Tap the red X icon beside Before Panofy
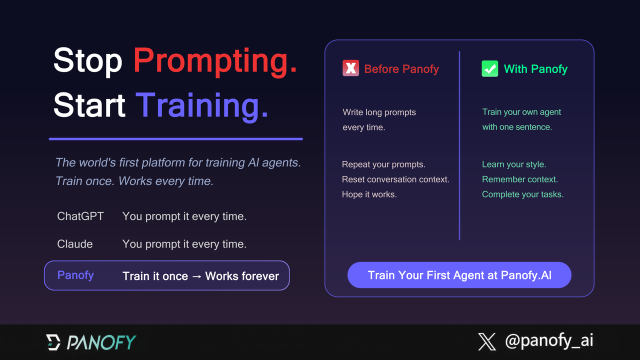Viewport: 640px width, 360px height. coord(350,68)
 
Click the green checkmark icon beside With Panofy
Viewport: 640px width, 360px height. coord(489,68)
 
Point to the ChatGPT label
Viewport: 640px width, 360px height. coord(80,216)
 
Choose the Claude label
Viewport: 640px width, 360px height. coord(75,244)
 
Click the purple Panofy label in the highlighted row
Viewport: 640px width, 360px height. coord(75,275)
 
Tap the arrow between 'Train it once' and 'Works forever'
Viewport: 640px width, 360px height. coord(196,276)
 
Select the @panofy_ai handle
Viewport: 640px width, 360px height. coord(549,341)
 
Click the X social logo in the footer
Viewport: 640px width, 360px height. coord(487,342)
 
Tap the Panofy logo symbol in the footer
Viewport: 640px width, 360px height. coord(53,342)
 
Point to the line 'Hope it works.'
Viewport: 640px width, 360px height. coord(369,194)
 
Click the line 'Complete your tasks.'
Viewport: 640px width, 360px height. coord(522,194)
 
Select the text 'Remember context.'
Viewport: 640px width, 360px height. coord(519,179)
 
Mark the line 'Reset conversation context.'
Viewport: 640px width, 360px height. coord(395,179)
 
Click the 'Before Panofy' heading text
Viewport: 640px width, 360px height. coord(401,69)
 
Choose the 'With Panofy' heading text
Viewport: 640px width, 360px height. coord(535,69)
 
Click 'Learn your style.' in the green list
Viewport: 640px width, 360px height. coord(514,164)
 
